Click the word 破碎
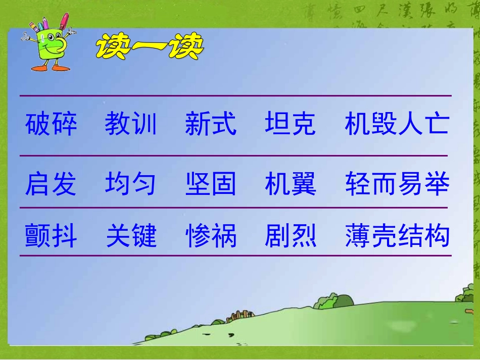point(51,124)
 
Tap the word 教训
point(131,124)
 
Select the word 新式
point(211,124)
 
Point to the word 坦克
point(291,124)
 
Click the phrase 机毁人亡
point(397,124)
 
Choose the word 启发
point(51,184)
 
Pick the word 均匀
point(131,184)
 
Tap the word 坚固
point(211,184)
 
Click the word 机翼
point(291,184)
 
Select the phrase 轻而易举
point(397,184)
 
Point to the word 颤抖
point(51,236)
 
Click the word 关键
point(131,236)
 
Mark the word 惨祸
point(211,236)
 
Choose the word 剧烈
point(291,236)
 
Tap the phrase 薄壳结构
point(397,236)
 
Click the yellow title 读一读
point(150,48)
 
